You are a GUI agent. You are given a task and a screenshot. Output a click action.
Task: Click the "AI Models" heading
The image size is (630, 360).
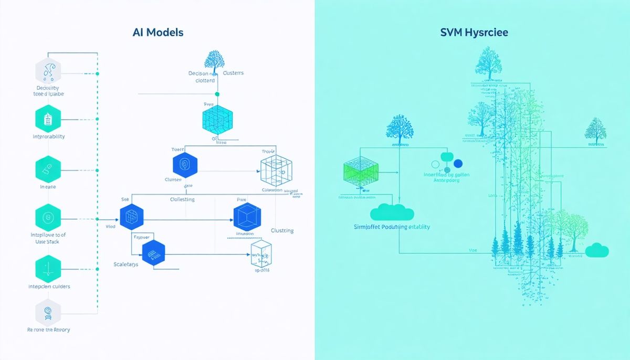click(159, 33)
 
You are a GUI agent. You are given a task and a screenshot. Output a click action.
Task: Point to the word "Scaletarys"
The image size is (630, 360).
click(126, 264)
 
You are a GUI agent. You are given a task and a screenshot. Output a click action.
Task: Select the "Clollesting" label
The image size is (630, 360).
click(182, 199)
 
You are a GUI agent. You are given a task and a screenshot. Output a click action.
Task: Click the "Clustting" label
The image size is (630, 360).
click(282, 230)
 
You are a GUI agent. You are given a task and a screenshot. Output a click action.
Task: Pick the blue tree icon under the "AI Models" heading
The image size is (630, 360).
click(214, 61)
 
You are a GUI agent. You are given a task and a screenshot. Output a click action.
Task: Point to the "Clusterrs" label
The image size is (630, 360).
click(233, 73)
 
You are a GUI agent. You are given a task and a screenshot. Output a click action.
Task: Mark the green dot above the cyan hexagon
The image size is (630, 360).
click(217, 94)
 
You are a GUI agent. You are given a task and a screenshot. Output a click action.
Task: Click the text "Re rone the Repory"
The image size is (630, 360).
click(48, 330)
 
